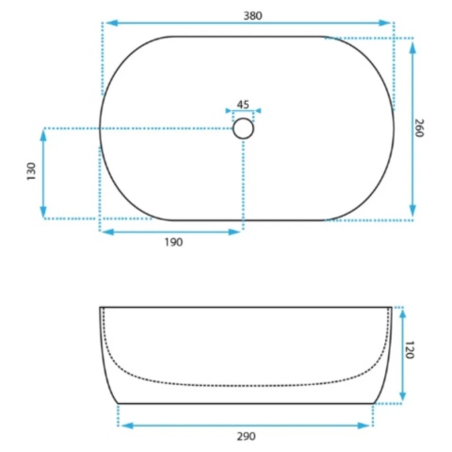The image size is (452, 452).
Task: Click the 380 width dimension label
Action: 252,16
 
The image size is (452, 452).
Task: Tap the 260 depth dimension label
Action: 419,128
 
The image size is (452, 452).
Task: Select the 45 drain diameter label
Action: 243,105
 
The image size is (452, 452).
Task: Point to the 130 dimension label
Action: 32,171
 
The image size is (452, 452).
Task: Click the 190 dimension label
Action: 173,242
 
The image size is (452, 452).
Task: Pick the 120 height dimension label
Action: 410,349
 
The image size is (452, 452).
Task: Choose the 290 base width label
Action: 247,436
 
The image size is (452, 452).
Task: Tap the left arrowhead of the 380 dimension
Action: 112,23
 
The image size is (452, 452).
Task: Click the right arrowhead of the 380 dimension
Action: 384,23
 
